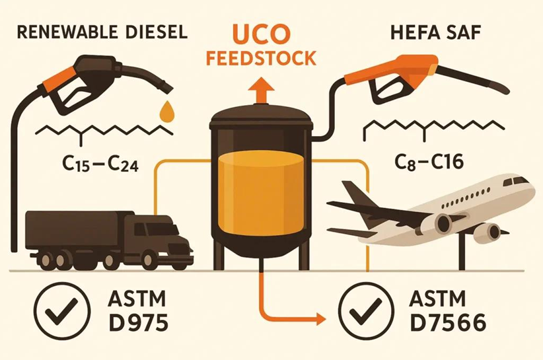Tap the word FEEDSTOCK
[x=261, y=58]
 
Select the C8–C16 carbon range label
[x=429, y=161]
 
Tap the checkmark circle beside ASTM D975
[x=62, y=309]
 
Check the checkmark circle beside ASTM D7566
[x=366, y=309]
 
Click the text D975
[x=138, y=322]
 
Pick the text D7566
[x=447, y=322]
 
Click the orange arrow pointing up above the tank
[x=261, y=90]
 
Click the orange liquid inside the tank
[x=262, y=193]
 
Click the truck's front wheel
[x=150, y=260]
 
